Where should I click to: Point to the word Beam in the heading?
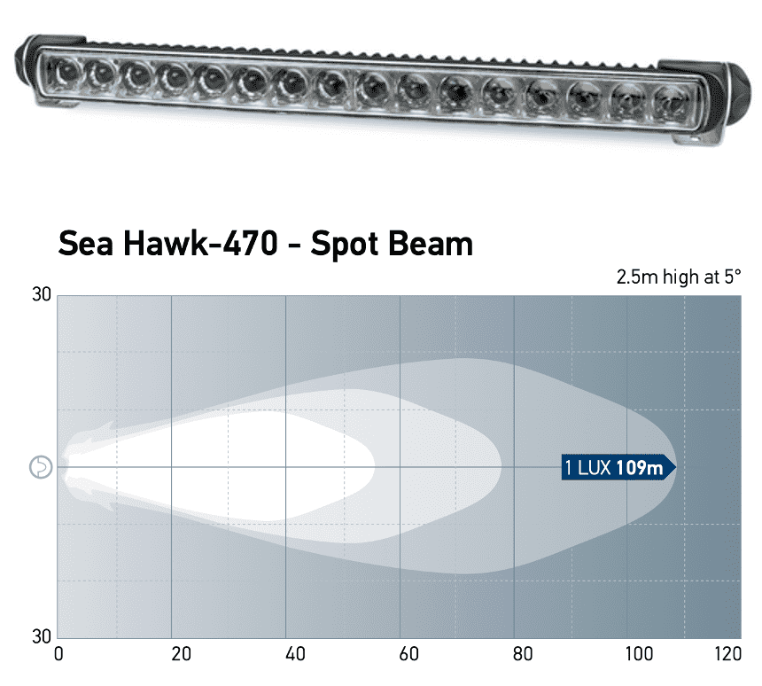433,243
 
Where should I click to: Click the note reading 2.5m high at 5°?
678,277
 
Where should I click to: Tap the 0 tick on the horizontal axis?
58,655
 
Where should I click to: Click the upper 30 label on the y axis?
42,295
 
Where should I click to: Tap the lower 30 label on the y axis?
42,636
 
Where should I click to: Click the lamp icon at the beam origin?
42,467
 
